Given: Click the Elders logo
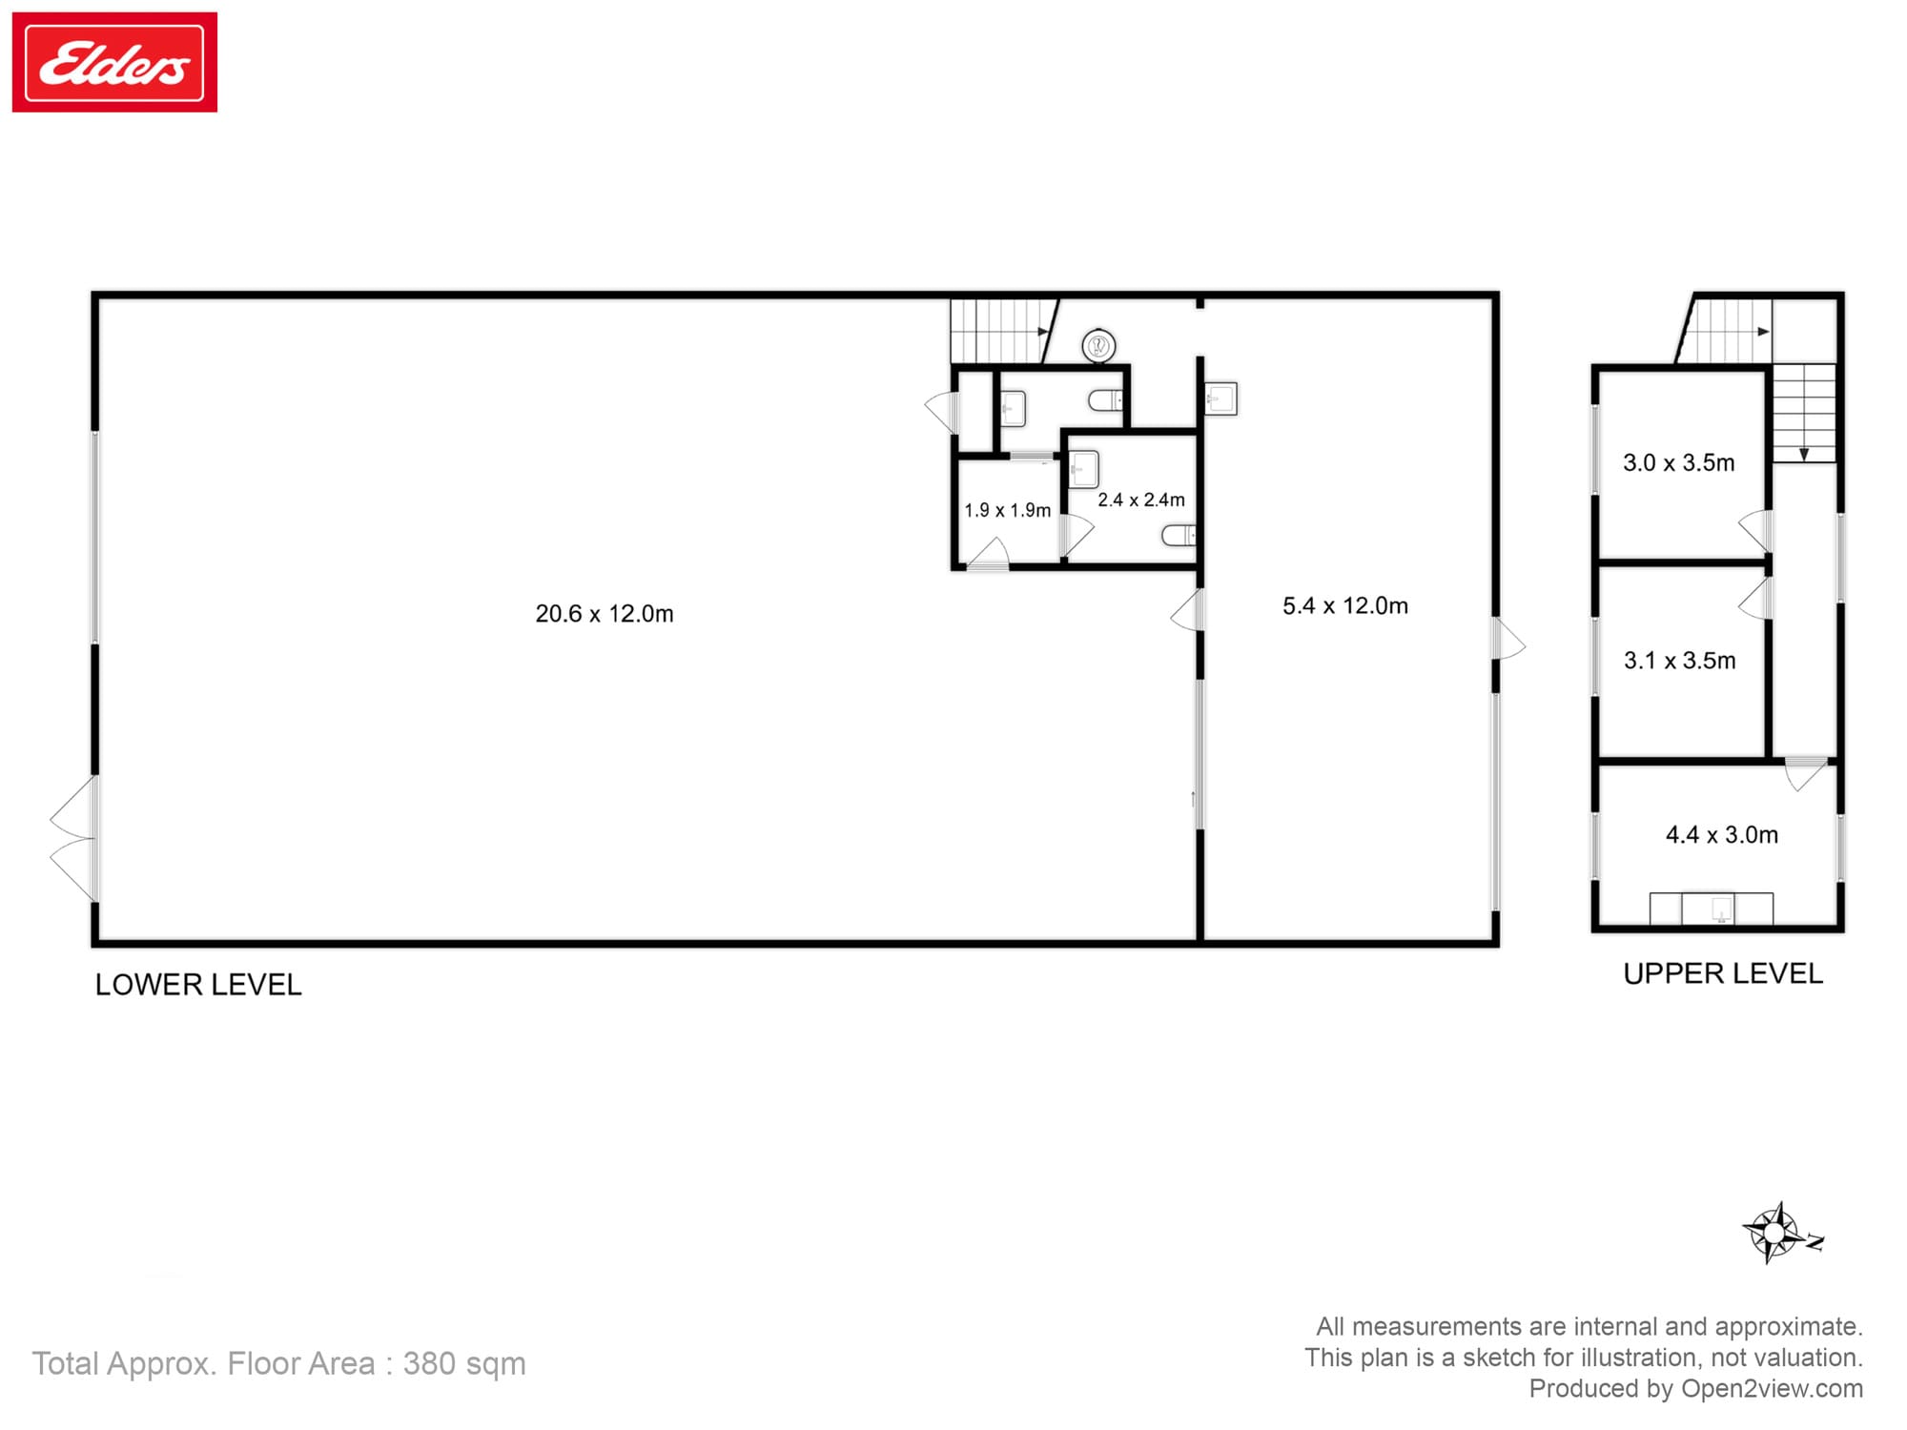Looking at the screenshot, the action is click(x=114, y=62).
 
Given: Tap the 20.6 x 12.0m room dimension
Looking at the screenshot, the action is click(x=605, y=614).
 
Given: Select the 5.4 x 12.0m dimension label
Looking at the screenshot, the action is click(x=1345, y=606).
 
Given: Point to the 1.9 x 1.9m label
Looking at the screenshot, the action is click(x=1007, y=511).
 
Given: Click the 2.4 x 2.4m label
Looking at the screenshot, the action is click(x=1141, y=500).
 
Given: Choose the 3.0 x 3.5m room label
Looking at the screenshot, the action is click(x=1679, y=463).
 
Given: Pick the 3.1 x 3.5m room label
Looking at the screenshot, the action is click(x=1680, y=661).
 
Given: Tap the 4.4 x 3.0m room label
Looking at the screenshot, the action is click(x=1722, y=835).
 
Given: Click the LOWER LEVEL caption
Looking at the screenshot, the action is click(x=198, y=985).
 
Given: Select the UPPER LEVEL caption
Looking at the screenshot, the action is click(x=1723, y=973).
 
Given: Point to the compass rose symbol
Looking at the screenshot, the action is click(x=1779, y=1234).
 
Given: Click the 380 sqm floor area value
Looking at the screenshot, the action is click(x=464, y=1364).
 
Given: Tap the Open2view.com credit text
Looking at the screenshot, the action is click(x=1772, y=1389).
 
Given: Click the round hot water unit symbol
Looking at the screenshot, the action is click(x=1099, y=345).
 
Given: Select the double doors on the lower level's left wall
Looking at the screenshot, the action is click(x=74, y=838).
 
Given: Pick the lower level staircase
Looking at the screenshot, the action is click(x=1004, y=331).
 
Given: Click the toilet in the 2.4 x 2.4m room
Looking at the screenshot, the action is click(x=1179, y=535).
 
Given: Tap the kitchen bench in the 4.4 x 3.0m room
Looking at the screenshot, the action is click(x=1712, y=909).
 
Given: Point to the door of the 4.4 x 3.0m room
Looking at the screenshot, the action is click(x=1806, y=774).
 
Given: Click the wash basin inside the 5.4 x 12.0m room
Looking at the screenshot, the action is click(x=1221, y=398).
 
